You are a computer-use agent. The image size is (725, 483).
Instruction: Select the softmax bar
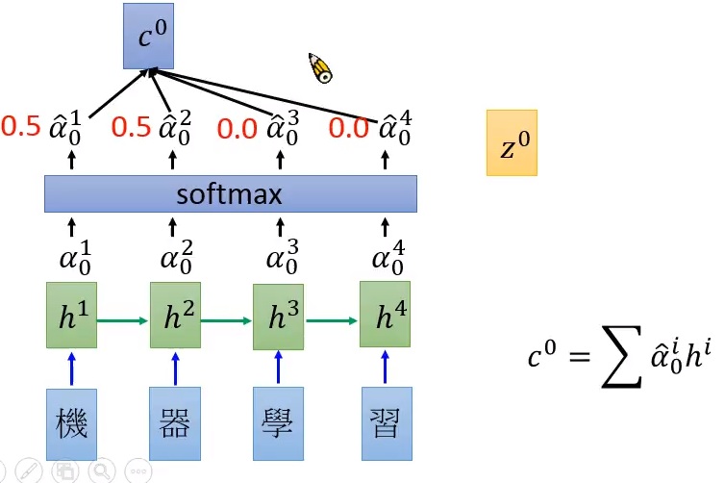(x=231, y=194)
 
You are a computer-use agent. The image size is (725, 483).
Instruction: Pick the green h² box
(x=175, y=316)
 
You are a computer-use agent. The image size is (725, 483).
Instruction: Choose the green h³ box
(x=278, y=316)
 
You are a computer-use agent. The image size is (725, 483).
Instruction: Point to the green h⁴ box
(x=385, y=316)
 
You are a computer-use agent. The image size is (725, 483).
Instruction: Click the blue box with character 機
(x=71, y=424)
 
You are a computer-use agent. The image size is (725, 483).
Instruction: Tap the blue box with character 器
(x=175, y=424)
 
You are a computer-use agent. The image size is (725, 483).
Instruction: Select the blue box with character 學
(x=278, y=424)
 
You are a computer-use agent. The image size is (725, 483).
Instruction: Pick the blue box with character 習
(x=386, y=424)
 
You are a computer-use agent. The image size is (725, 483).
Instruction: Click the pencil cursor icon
(x=320, y=67)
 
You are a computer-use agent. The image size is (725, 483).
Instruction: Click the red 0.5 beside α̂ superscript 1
(x=21, y=126)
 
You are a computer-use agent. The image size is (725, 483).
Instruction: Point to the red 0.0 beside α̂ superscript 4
(x=349, y=127)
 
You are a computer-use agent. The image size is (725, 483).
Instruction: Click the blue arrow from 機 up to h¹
(x=71, y=369)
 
